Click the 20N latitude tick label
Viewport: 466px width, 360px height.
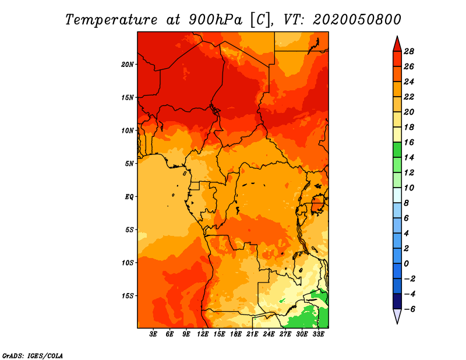pos(127,65)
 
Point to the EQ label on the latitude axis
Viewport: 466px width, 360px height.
pos(129,197)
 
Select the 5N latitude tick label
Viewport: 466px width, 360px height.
pos(129,164)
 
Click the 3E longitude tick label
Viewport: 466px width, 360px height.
pos(153,334)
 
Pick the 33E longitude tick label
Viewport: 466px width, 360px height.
pos(318,334)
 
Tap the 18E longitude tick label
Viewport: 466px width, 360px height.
pos(236,334)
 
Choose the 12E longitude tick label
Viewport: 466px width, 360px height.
pos(203,334)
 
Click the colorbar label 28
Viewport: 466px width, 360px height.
pos(409,51)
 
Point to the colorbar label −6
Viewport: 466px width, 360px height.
pos(409,309)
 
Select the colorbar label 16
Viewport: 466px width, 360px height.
pos(409,142)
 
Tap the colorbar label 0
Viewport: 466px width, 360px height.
pos(406,264)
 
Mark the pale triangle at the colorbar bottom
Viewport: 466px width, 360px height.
pos(397,315)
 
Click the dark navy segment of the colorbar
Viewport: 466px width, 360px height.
pos(397,301)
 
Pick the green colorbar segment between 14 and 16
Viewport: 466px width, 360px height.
pos(397,150)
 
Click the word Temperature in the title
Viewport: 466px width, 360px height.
pos(111,20)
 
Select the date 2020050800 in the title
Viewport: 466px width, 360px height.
pos(357,20)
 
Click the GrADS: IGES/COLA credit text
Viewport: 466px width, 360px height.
pos(33,356)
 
